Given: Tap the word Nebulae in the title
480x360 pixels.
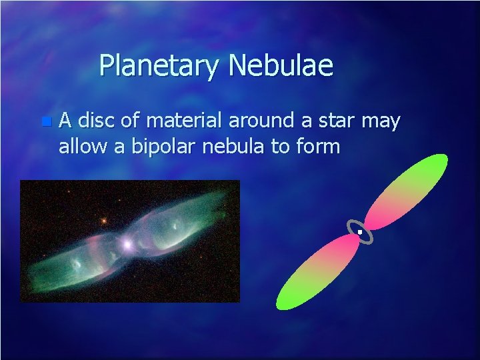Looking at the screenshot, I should tap(281, 65).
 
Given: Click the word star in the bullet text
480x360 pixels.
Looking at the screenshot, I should tap(335, 121).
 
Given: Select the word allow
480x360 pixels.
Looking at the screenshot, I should tap(83, 145).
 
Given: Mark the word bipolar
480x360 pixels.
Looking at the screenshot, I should tap(159, 147).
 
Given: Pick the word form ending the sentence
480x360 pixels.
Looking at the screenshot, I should tap(318, 145).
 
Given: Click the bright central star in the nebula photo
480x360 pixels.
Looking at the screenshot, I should tap(127, 245).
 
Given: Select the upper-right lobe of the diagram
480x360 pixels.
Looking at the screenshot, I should tap(407, 191).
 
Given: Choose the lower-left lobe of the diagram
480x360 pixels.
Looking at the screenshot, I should tap(315, 272).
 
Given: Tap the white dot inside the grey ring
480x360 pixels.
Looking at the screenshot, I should tap(359, 231).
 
